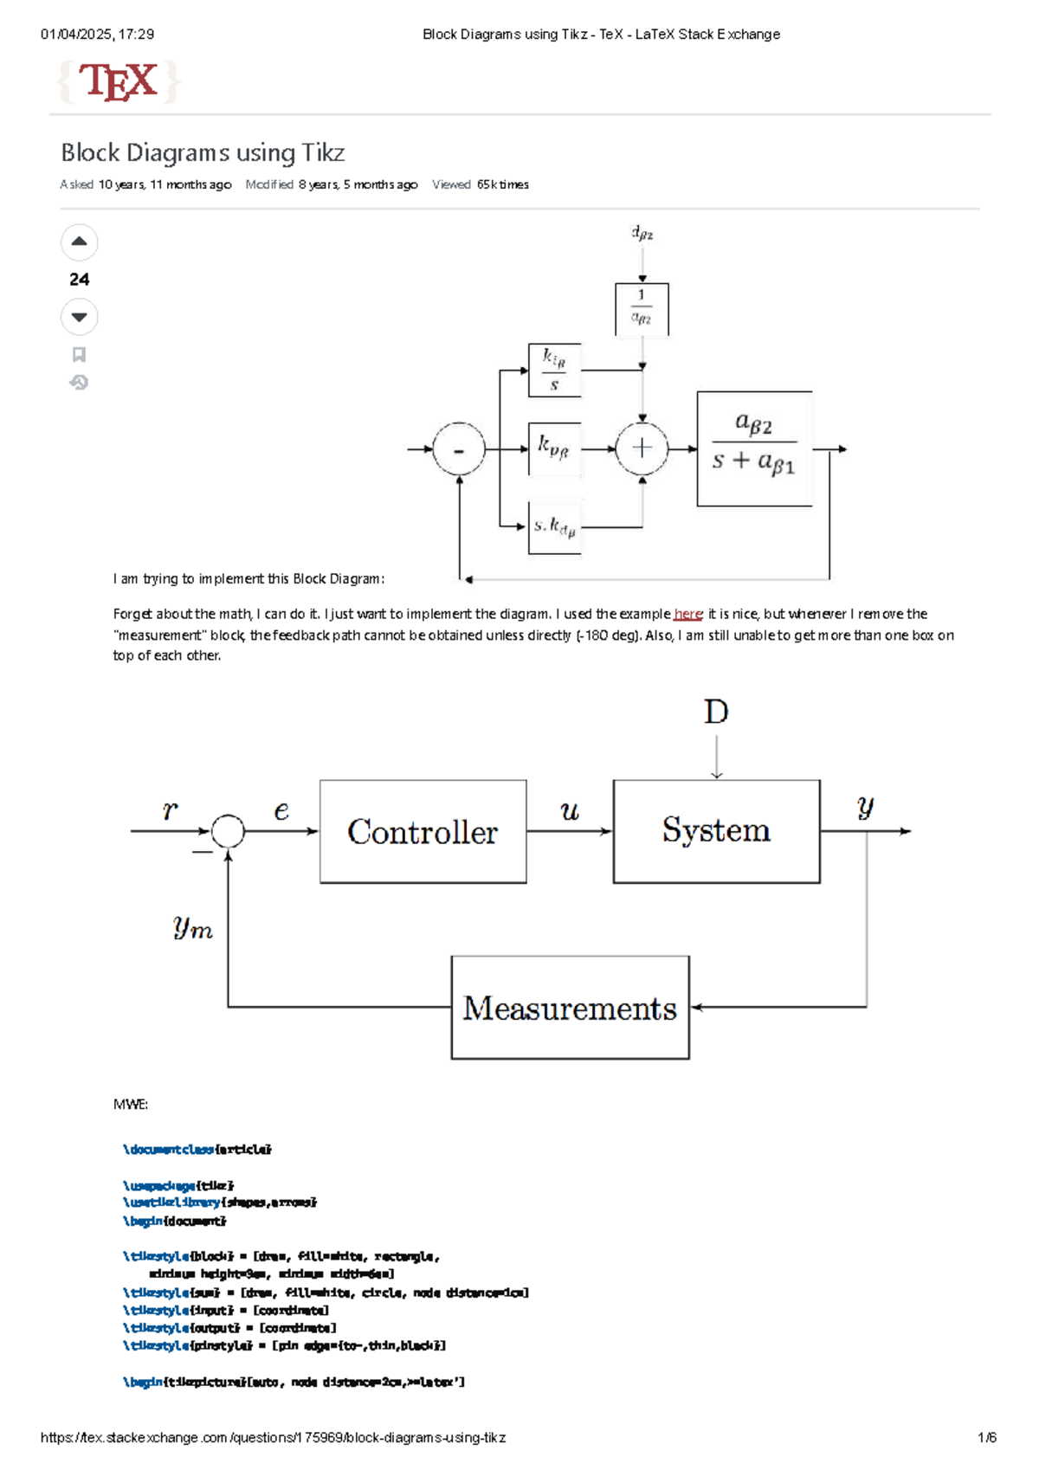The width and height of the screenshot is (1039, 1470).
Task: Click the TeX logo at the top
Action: point(118,82)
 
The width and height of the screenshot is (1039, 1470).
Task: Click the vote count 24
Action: point(79,279)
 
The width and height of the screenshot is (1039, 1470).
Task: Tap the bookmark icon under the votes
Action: point(79,354)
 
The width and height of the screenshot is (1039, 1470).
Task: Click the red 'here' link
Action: point(688,614)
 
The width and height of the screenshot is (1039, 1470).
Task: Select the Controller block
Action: point(423,831)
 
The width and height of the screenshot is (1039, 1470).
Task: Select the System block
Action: point(716,830)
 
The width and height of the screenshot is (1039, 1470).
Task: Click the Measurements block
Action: point(570,1008)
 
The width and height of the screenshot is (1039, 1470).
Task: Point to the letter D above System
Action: point(716,712)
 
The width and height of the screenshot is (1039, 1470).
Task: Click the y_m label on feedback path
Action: point(192,927)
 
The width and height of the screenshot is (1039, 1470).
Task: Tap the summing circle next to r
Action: point(229,831)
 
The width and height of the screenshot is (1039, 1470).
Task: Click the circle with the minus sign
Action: point(459,448)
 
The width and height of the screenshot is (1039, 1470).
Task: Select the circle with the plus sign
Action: point(642,448)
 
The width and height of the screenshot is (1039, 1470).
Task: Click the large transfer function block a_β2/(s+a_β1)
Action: point(754,448)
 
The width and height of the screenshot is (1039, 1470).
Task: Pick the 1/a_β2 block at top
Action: point(642,308)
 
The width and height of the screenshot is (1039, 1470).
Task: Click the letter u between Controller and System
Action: point(569,811)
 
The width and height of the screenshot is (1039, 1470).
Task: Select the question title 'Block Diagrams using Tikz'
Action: point(203,152)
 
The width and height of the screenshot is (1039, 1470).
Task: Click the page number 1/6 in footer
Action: point(986,1437)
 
